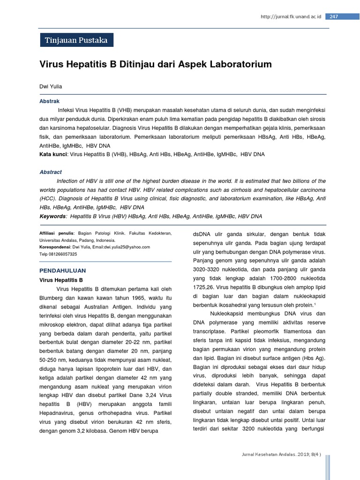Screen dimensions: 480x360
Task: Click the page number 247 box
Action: tap(334, 17)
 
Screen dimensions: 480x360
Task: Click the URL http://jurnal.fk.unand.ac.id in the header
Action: tap(291, 17)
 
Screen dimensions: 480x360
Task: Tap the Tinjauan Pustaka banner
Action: tap(76, 40)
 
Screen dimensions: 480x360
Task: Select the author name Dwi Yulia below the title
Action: tap(51, 87)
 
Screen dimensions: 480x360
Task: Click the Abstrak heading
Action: tap(49, 101)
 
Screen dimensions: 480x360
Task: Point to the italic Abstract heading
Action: tap(51, 172)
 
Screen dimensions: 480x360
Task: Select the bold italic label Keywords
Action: tap(52, 217)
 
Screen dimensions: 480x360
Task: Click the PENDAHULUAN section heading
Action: tap(62, 271)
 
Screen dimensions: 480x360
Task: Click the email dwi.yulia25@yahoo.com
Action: tap(127, 247)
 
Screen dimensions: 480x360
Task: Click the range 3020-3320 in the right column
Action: tap(209, 270)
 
